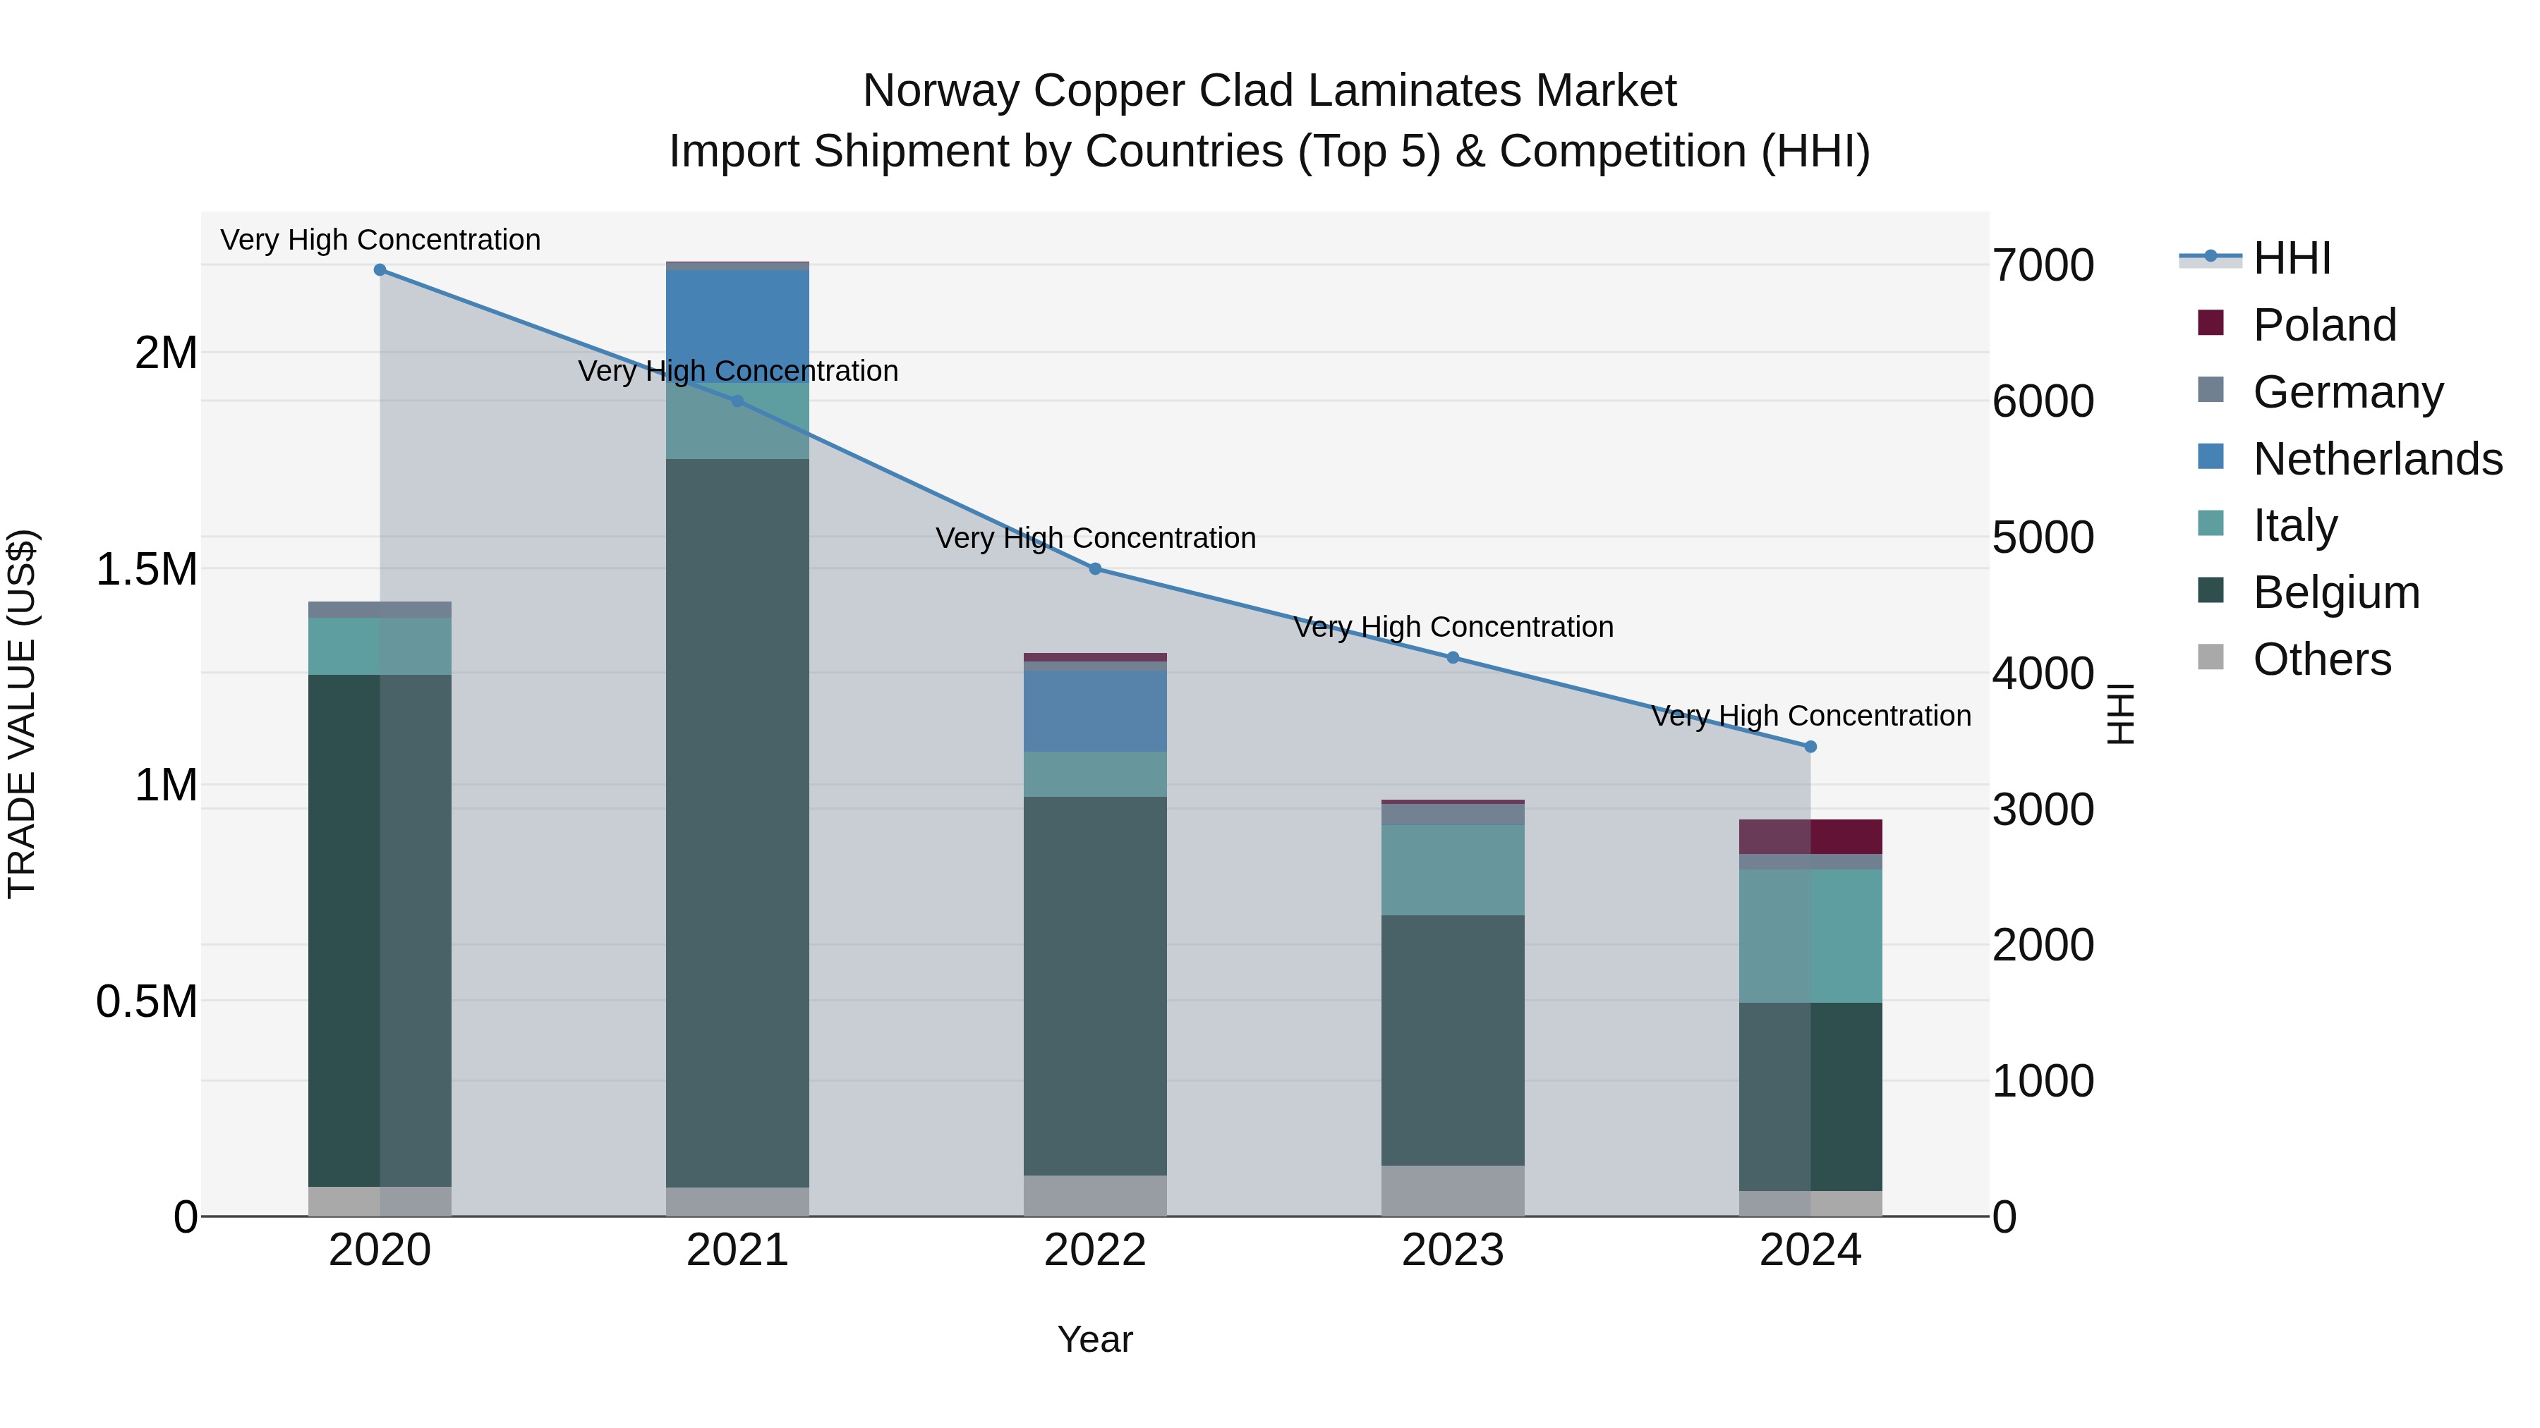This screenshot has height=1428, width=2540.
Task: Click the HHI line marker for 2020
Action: (x=380, y=270)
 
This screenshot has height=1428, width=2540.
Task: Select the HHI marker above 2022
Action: (x=1094, y=568)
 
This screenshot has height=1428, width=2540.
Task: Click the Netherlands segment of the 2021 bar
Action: (x=737, y=325)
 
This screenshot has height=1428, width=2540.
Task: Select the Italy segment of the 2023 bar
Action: (x=1453, y=870)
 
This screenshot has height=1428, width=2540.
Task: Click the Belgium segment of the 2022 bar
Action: (x=1094, y=986)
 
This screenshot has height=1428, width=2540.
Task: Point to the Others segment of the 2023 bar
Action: (x=1453, y=1190)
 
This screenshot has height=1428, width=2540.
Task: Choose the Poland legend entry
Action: (x=2324, y=325)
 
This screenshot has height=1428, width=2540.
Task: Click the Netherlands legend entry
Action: (x=2376, y=459)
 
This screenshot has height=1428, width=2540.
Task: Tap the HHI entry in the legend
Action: (x=2292, y=258)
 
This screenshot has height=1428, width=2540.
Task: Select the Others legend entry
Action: (x=2321, y=659)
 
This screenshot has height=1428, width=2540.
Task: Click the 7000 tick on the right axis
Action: (x=2042, y=266)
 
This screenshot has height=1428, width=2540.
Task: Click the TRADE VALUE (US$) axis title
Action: (x=22, y=714)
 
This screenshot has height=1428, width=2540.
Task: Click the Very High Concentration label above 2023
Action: (x=1453, y=627)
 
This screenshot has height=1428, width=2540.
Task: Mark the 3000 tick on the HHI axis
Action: (x=2042, y=810)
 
